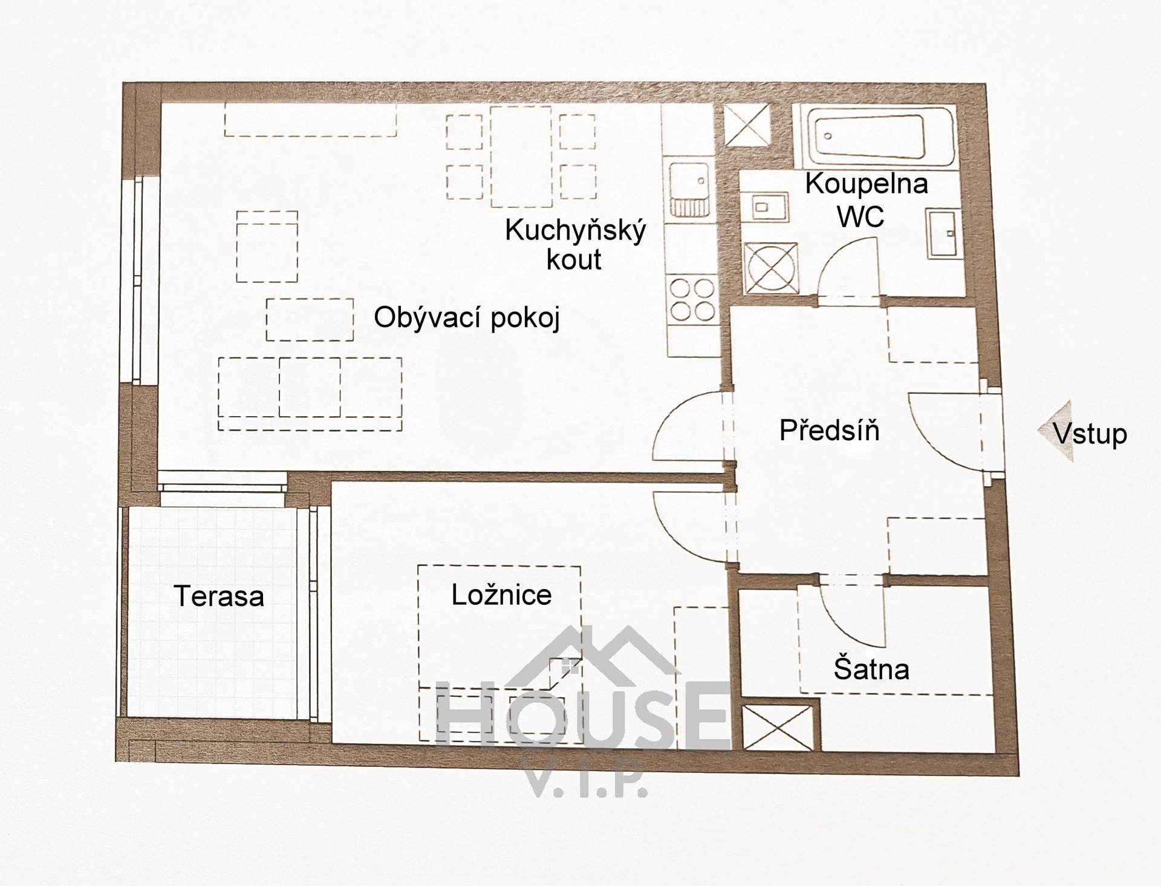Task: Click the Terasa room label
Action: tap(219, 596)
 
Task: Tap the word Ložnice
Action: tap(501, 595)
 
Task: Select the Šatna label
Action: tap(871, 668)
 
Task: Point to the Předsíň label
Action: tap(829, 430)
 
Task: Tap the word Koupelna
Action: tap(866, 184)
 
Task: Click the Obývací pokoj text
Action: tap(467, 318)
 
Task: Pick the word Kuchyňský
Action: tap(576, 231)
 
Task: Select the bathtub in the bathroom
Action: tap(873, 137)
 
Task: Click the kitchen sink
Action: tap(689, 189)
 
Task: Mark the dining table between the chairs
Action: tap(521, 156)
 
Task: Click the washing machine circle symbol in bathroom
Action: tap(770, 267)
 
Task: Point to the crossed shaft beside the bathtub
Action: tap(747, 125)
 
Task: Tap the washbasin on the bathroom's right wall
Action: tap(943, 233)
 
